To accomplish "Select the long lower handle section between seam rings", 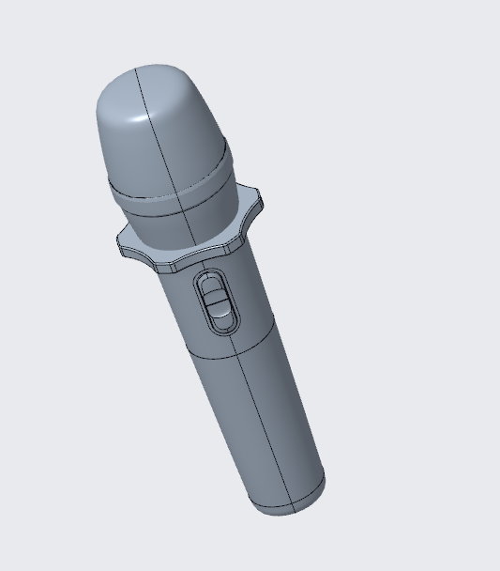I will click(253, 423).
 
